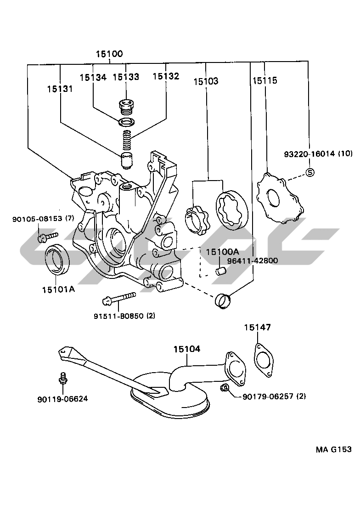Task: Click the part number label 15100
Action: [109, 54]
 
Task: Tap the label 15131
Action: [60, 89]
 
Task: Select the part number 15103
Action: [206, 81]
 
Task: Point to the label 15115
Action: [264, 80]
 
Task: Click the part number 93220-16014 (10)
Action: [318, 153]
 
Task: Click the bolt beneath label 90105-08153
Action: [47, 237]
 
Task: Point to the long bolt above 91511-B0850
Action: [119, 298]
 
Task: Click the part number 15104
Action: [187, 349]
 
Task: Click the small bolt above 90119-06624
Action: [63, 378]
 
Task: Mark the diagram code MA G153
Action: [334, 449]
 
